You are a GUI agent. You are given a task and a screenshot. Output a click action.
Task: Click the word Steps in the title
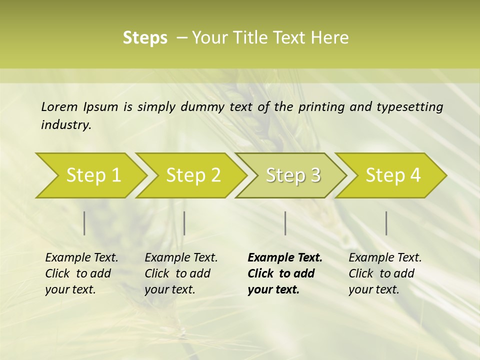(145, 38)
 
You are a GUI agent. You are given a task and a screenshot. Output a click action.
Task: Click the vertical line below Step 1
(84, 223)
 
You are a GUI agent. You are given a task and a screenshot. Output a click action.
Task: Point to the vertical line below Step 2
(184, 223)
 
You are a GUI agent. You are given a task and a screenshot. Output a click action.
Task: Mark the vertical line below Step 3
(285, 223)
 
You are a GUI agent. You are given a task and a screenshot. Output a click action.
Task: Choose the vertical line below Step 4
(386, 223)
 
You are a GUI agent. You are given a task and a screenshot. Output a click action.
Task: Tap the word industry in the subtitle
(65, 124)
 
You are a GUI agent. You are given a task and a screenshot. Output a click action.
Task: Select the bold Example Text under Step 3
(285, 257)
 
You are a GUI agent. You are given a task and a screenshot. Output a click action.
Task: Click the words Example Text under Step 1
(81, 257)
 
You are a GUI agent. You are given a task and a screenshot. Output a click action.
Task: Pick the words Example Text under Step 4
(385, 257)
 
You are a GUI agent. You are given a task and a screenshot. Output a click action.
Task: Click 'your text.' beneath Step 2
(169, 289)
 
